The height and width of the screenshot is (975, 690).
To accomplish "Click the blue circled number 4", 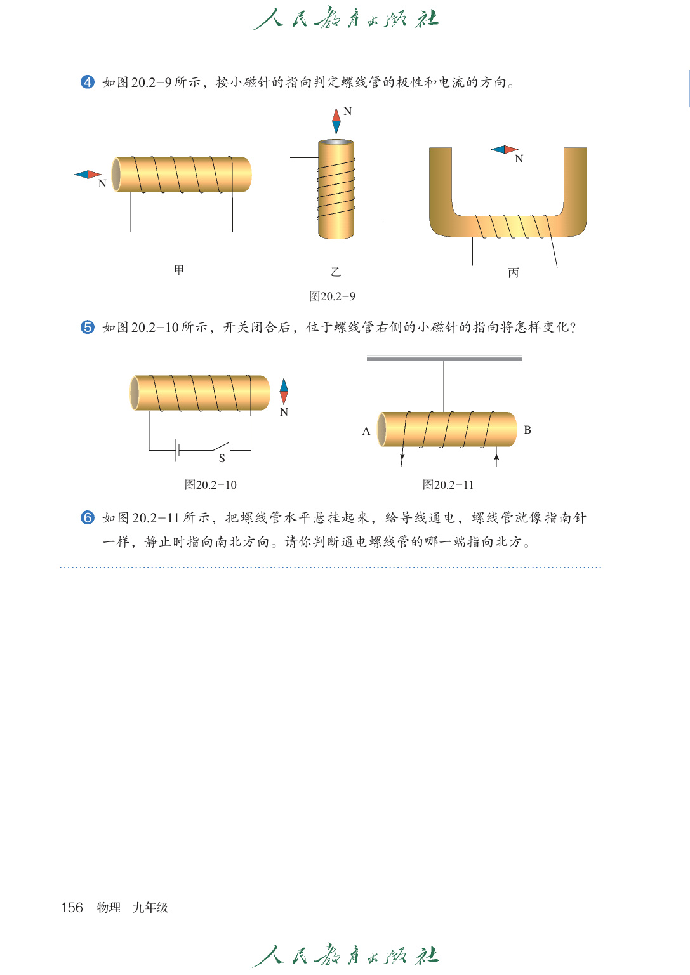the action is tap(88, 82).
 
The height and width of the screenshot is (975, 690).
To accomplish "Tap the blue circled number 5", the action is tap(88, 327).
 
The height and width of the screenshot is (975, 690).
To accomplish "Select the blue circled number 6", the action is tap(88, 517).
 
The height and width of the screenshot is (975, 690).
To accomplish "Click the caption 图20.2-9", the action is tap(332, 296).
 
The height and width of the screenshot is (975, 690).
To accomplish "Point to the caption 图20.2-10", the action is tap(210, 485).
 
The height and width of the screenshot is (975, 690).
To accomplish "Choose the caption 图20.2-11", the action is tap(448, 485).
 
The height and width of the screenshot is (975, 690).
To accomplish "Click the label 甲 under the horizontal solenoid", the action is tap(179, 270).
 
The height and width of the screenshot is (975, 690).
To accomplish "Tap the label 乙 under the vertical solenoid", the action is tap(336, 272).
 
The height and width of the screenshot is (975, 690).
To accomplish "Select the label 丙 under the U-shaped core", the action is tap(514, 272).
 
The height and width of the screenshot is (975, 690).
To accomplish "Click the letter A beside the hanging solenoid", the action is tap(366, 431).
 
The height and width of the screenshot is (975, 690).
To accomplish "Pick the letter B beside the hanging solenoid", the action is tap(527, 430).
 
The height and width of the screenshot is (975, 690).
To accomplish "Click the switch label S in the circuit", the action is tap(222, 458).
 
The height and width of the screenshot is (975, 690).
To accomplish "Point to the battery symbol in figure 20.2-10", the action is tap(178, 450).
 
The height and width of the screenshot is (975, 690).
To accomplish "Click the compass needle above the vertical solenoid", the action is tap(336, 121).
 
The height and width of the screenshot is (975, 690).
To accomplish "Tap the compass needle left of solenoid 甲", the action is tap(88, 175).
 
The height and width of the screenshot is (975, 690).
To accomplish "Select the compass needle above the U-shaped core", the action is tap(505, 150).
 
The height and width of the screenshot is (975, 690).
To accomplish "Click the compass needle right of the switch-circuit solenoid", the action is tap(284, 393).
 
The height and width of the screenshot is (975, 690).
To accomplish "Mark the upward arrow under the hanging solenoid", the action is tap(496, 457).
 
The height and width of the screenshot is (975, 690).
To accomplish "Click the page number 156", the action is tap(72, 907).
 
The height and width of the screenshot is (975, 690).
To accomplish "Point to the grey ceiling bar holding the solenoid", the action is tap(444, 359).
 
